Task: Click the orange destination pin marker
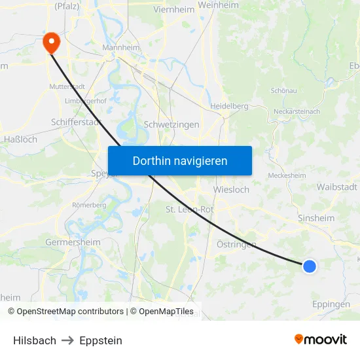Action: tap(50, 43)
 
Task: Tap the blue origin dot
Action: tap(310, 266)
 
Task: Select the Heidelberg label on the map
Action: tap(229, 105)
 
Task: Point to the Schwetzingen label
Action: tap(171, 124)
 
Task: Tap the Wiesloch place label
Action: tap(231, 190)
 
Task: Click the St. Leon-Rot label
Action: tap(190, 209)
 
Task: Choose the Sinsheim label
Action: tap(316, 219)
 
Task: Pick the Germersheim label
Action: tap(73, 242)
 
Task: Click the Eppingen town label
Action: tap(331, 304)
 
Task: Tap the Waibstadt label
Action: tap(336, 187)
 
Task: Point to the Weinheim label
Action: tap(218, 5)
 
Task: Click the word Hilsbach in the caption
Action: tap(35, 340)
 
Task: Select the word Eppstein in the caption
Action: tap(101, 340)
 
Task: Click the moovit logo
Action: tap(321, 339)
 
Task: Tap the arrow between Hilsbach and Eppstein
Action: tap(68, 340)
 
